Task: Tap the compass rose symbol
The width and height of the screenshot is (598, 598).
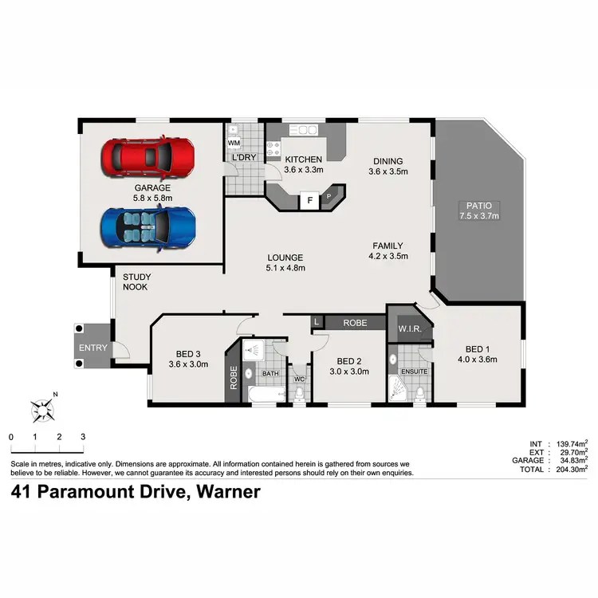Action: (42, 410)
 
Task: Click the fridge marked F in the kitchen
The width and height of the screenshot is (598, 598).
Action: (309, 201)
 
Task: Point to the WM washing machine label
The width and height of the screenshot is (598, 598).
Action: (234, 143)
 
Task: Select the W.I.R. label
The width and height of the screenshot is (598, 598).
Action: (409, 329)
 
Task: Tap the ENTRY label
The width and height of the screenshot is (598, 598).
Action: (92, 348)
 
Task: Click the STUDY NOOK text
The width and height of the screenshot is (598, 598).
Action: (136, 282)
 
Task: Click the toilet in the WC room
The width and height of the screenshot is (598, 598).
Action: (299, 393)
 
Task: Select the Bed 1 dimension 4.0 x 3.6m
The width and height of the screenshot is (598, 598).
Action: (476, 360)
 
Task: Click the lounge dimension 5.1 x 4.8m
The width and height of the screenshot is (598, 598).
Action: (285, 268)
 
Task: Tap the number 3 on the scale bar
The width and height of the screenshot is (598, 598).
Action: (83, 437)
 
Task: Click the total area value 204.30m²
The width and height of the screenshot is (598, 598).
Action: (569, 470)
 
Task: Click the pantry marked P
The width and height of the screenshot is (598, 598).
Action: (328, 195)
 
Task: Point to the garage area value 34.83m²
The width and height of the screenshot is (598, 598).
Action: (569, 460)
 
